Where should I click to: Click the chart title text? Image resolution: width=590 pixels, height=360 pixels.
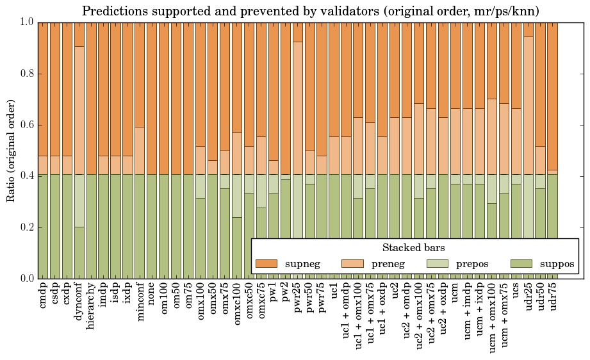point(311,11)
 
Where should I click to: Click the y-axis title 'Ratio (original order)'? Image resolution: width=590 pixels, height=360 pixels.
point(11,150)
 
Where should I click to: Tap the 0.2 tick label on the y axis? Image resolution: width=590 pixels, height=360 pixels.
point(27,227)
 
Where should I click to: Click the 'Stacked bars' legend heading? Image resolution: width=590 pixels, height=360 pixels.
point(414,247)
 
